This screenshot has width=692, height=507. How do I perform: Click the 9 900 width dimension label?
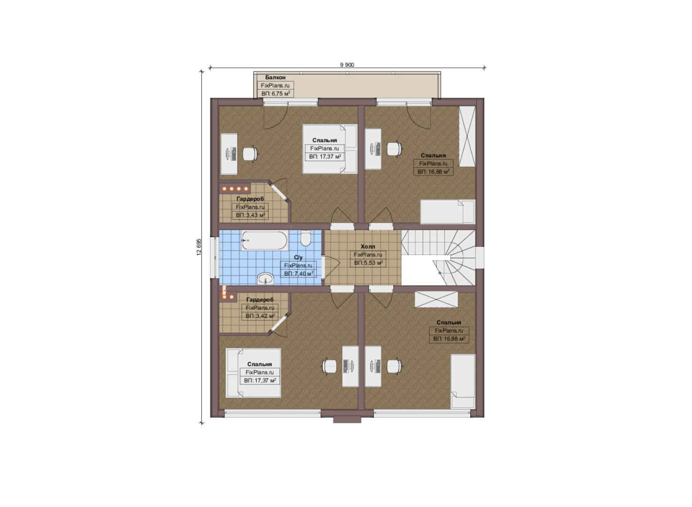pos(347,65)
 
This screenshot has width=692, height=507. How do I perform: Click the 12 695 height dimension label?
pos(199,246)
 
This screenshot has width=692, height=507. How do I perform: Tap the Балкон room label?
pos(275,77)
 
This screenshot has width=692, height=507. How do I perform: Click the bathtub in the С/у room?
pos(264,241)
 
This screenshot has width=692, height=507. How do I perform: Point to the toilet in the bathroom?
pos(306,238)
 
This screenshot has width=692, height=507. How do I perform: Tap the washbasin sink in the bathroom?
pos(265,278)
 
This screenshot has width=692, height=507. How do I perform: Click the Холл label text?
pos(368,246)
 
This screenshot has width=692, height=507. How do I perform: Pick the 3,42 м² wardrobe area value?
pos(260,316)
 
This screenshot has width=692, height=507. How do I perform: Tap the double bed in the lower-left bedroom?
pos(254,373)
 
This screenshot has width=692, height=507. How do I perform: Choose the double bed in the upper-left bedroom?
pos(330,149)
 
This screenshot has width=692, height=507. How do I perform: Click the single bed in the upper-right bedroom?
pos(447,212)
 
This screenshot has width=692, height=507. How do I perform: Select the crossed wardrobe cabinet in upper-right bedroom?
pos(467,137)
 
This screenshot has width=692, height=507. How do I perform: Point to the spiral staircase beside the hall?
pos(438,258)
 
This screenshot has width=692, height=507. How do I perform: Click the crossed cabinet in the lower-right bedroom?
pos(436,299)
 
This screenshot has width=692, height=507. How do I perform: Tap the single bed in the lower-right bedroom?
pos(463,382)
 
